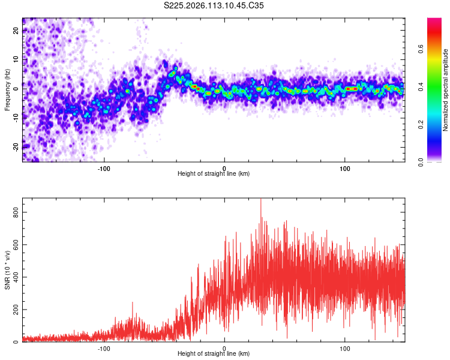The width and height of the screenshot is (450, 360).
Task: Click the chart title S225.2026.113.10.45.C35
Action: point(214,5)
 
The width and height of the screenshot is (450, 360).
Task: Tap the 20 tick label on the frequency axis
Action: point(16,31)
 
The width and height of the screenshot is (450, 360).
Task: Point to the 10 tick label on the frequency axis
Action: point(16,59)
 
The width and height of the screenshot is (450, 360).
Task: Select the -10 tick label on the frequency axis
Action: point(16,118)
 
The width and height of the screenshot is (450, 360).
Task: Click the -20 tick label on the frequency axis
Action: point(16,146)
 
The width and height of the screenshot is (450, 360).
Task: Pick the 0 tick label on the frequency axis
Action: point(16,88)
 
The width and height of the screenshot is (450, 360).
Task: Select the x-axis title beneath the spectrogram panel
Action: point(214,173)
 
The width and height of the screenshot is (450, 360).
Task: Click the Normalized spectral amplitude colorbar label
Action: point(446,90)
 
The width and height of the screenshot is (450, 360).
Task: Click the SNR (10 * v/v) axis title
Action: point(8,271)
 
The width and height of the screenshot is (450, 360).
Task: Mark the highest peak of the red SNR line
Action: point(260,199)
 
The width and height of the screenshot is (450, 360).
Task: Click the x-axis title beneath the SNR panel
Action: point(214,353)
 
